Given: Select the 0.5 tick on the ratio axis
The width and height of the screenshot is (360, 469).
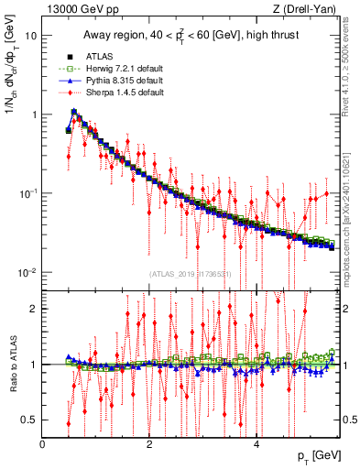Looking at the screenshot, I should (29, 420).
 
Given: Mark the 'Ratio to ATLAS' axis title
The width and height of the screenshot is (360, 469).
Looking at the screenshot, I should (11, 365).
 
